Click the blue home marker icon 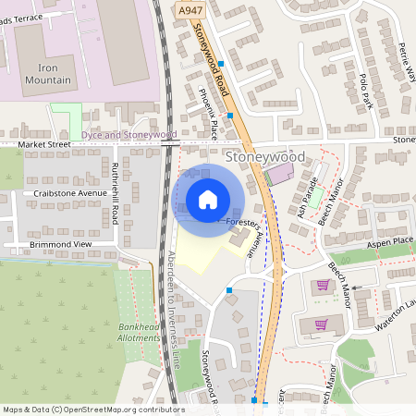pos(208,200)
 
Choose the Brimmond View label pos(62,243)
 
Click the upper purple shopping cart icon pos(323,285)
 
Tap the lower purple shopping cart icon pos(321,324)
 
